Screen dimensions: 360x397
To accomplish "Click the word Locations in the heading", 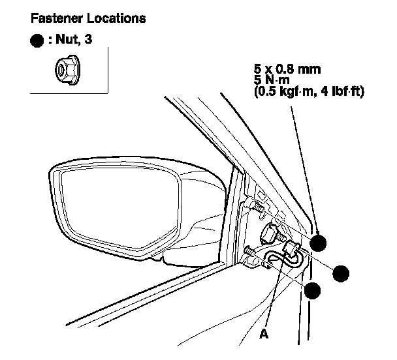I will point(110,19).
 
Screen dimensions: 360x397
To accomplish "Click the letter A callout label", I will point(264,333).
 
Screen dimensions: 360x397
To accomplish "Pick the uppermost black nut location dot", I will point(317,243).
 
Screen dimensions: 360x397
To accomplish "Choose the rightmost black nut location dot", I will point(341,273).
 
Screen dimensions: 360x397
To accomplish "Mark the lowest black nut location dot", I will point(314,292).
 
